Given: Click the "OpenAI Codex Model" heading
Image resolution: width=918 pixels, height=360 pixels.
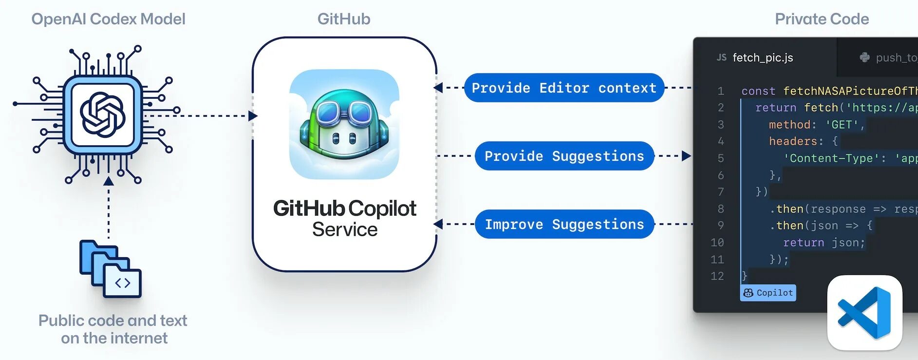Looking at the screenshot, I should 108,19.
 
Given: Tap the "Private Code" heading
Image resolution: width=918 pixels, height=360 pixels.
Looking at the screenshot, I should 822,19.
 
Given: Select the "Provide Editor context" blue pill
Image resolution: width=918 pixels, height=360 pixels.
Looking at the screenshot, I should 564,88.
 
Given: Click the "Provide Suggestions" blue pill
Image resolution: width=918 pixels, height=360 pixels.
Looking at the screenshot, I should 564,156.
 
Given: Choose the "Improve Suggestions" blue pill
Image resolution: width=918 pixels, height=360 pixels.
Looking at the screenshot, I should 564,225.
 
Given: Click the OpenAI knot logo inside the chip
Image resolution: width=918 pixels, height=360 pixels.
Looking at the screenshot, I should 103,115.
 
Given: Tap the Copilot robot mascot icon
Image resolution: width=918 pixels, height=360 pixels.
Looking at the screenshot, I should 344,125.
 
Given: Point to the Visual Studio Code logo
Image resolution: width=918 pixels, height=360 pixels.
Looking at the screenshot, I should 864,313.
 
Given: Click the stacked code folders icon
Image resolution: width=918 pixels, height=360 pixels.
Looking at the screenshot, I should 111,268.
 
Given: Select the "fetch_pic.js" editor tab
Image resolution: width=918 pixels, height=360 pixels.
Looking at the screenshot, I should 762,58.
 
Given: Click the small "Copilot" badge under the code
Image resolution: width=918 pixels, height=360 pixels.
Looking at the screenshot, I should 768,293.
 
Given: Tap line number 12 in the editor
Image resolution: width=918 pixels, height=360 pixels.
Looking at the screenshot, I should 717,276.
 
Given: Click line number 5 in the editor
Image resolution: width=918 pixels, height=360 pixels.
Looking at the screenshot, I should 720,158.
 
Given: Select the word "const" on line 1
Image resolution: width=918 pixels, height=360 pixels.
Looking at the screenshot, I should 758,91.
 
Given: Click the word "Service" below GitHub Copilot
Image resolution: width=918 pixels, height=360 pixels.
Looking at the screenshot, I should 345,229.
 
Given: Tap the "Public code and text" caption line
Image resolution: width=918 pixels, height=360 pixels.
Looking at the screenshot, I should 112,321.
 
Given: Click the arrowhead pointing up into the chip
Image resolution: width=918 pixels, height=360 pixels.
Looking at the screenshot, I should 109,181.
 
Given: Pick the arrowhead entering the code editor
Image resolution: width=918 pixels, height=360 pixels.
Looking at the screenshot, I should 686,156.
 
